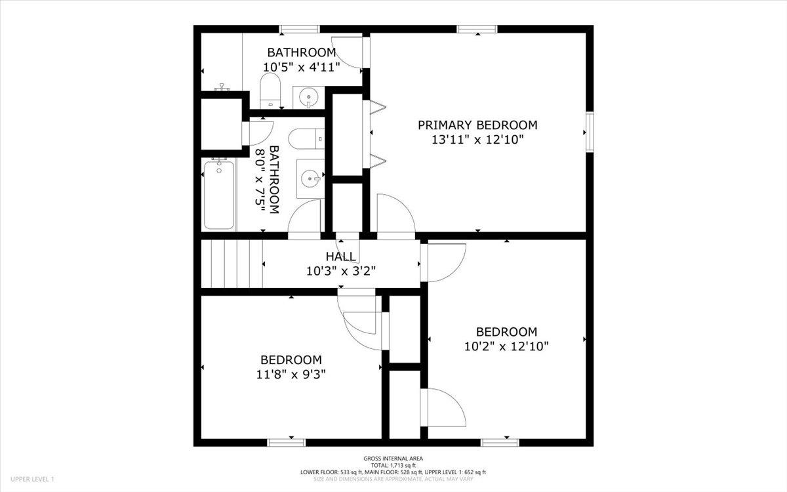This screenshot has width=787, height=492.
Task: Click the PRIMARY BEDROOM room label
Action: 477,125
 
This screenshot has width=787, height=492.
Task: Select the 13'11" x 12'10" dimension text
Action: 477,140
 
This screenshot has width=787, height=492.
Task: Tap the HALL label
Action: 341,256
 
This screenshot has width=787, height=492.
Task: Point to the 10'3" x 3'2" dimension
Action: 341,270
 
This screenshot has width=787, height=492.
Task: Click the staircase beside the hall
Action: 231,264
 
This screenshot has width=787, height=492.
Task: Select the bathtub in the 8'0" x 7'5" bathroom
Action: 218,195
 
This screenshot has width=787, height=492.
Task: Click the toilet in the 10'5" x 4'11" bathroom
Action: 270,91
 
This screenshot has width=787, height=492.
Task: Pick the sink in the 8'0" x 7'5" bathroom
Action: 310,178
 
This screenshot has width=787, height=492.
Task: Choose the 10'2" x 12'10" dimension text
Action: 506,346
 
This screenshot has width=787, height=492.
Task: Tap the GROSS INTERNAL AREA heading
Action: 393,459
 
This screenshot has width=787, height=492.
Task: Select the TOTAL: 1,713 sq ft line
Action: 393,465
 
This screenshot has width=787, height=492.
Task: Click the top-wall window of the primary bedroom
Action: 477,29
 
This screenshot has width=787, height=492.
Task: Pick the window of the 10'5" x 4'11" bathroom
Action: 300,29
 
